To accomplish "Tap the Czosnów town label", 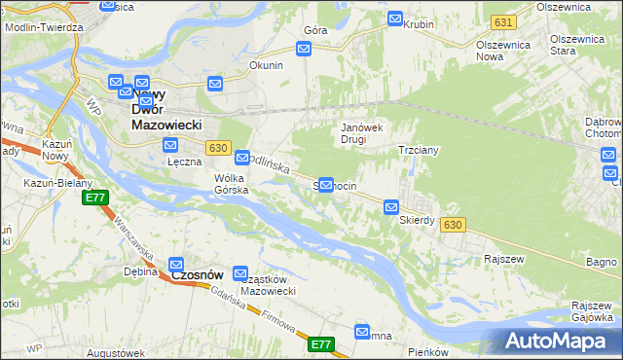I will point(199,275).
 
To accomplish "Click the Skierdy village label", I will point(417,220).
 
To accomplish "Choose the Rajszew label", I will point(504,259).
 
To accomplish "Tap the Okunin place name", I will point(266,66).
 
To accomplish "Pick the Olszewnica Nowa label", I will point(502,53).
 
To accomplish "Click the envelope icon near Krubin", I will point(395,18).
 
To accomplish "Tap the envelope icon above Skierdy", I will point(391,207).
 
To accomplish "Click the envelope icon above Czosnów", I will point(177,264).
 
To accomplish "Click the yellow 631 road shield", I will point(502,21).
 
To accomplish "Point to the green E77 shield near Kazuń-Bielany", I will point(94,198).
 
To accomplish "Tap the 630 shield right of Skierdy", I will point(451,225).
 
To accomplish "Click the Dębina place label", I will point(141,271).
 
